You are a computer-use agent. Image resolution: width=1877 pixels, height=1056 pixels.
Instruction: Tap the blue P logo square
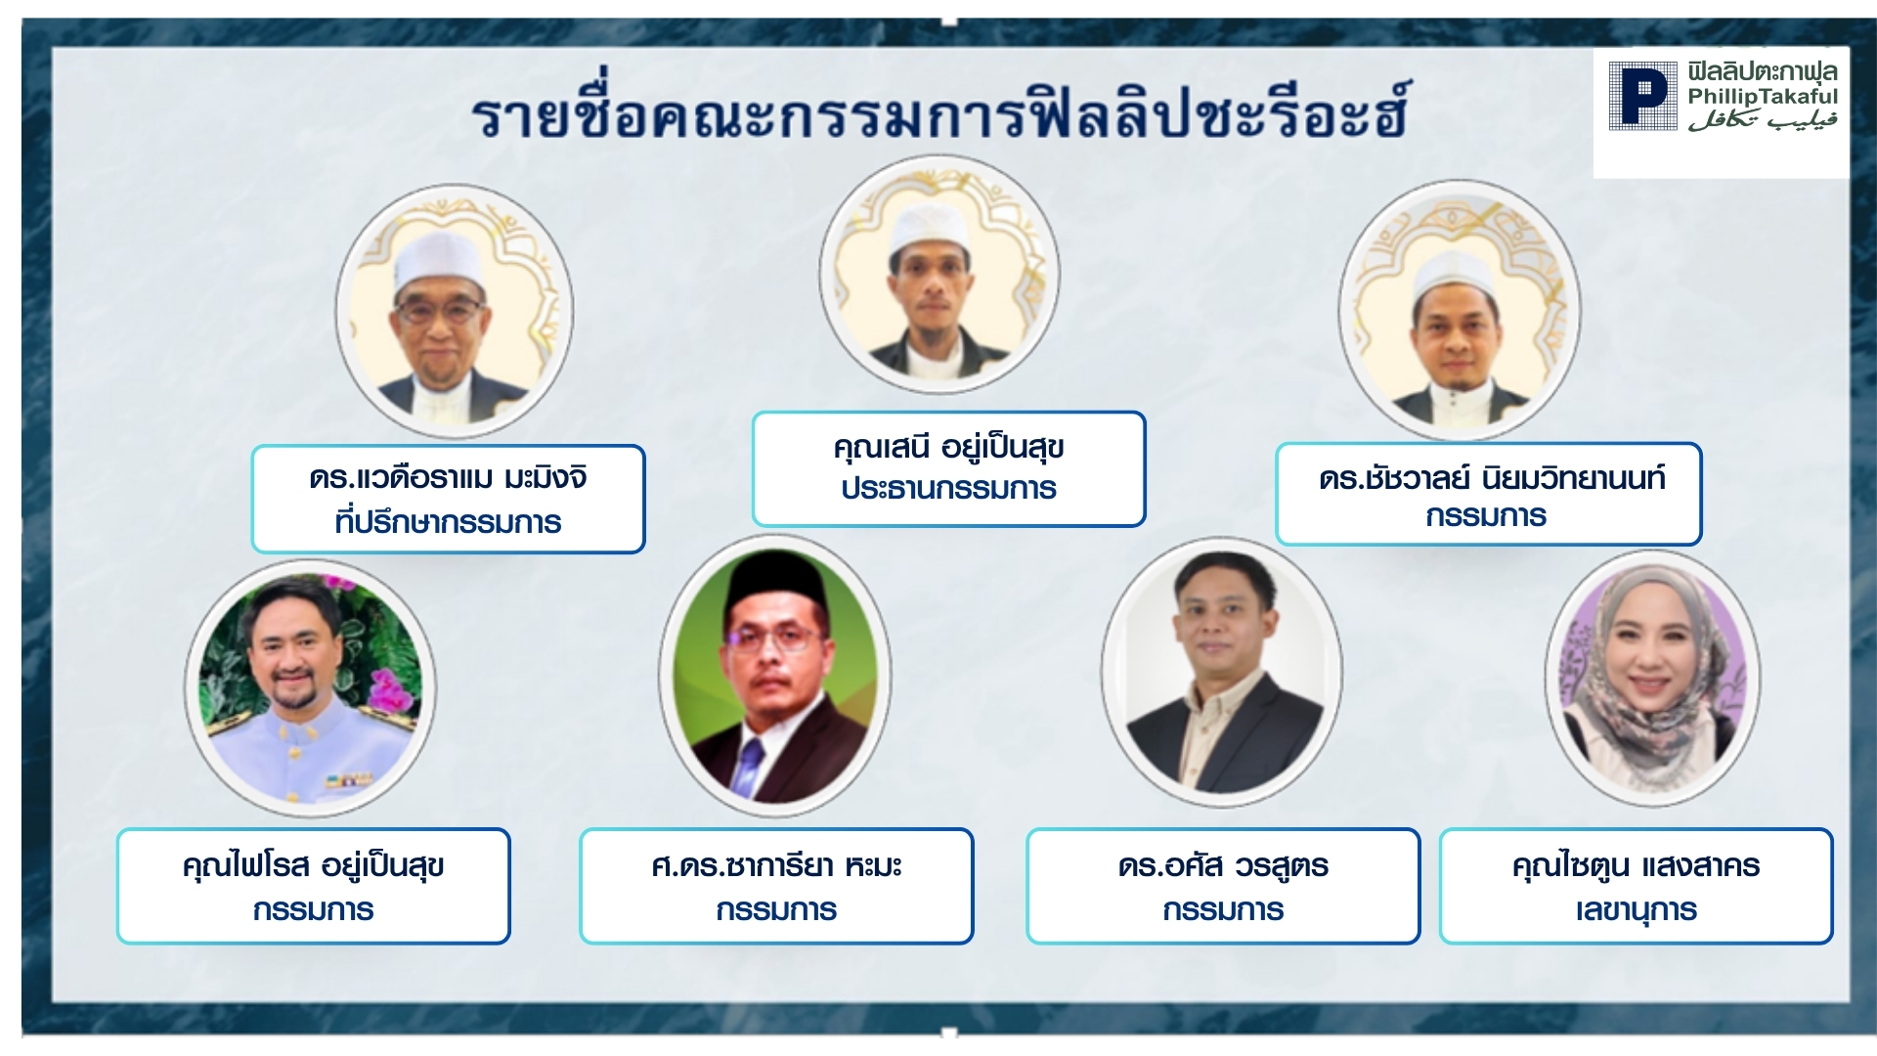1642,96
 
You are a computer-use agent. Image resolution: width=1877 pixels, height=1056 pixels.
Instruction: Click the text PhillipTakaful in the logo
1763,96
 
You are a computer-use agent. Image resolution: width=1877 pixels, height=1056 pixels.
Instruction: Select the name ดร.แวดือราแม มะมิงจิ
449,477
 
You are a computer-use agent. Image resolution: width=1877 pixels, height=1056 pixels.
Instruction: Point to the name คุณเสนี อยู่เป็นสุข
948,447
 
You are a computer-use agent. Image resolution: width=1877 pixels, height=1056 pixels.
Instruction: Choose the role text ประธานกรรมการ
948,487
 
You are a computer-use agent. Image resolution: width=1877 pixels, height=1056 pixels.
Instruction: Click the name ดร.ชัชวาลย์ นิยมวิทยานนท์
1492,477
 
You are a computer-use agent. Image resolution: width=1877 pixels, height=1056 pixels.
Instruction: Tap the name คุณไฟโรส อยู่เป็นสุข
314,865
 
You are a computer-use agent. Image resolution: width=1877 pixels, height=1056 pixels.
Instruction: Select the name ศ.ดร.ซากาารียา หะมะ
776,865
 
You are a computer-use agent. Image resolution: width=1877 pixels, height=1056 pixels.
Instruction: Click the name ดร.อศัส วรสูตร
1223,865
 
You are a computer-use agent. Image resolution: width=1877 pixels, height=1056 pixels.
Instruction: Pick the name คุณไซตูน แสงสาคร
1636,865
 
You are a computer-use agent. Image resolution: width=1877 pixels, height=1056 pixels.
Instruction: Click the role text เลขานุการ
1636,909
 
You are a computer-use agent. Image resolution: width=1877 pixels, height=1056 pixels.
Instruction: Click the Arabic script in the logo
1763,118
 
